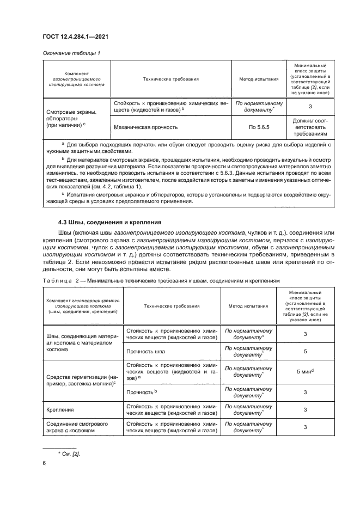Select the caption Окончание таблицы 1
tap(71, 53)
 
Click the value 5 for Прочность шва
tap(305, 351)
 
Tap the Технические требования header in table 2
tap(172, 306)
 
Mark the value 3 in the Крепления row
tap(305, 409)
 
